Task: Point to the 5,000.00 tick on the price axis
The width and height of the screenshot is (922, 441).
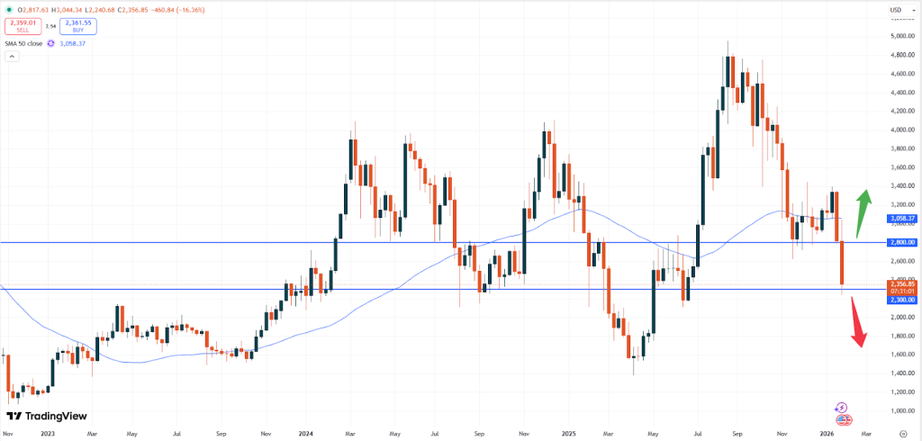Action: coord(901,36)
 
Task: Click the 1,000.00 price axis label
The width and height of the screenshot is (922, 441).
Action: coord(901,410)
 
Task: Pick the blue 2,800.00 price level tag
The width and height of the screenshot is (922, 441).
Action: coord(902,242)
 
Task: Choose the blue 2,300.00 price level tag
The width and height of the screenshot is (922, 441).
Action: coord(902,299)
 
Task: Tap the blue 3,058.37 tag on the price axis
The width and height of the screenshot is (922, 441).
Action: coord(902,219)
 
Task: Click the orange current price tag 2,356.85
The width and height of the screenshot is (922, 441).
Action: coord(902,283)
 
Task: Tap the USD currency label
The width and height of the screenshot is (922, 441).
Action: coord(896,10)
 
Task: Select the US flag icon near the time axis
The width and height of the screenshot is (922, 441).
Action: coord(844,419)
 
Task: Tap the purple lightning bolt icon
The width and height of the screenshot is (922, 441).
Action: coord(844,408)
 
